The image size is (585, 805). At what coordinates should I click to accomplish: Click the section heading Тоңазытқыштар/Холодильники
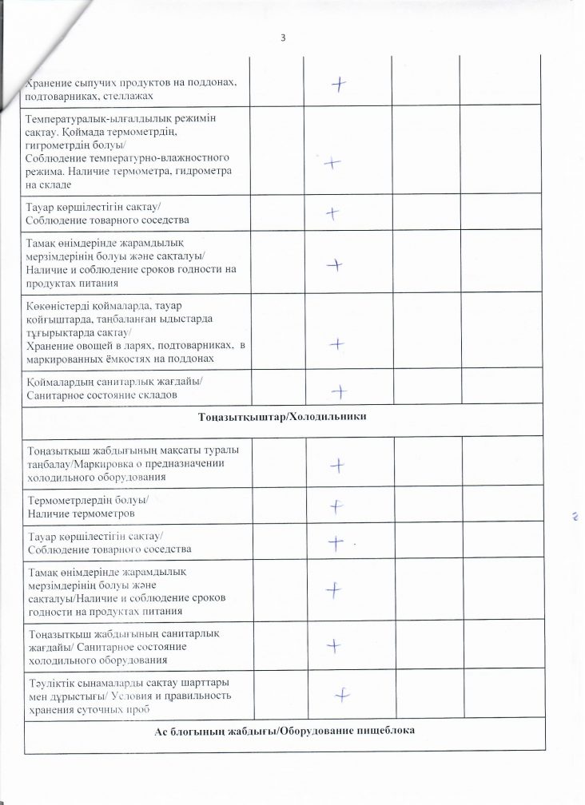tap(292, 419)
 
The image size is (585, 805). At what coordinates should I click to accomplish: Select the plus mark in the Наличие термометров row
tap(337, 506)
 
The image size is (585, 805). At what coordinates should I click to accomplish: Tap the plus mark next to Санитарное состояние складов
tap(340, 391)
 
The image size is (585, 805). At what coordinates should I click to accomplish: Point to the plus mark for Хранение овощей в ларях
tap(337, 343)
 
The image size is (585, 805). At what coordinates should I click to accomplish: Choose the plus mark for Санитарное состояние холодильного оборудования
tap(337, 644)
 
